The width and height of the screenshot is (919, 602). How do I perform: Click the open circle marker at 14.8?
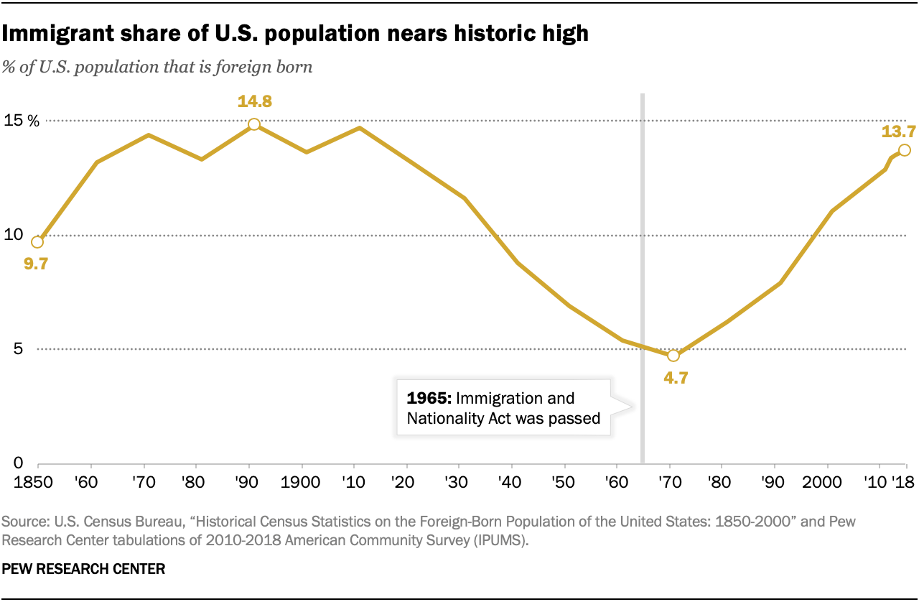point(253,124)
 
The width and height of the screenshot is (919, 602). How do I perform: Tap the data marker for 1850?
point(37,241)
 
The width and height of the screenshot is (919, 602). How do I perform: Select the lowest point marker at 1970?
point(673,356)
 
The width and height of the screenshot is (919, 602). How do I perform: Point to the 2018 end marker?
point(905,149)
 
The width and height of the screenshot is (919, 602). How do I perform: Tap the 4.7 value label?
point(676,378)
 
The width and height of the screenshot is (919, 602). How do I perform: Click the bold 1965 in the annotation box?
point(429,398)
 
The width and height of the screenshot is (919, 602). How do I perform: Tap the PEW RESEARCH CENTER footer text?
point(84,569)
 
